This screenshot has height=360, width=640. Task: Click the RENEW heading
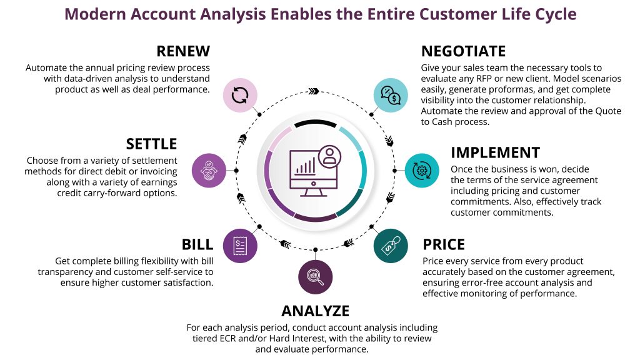click(183, 51)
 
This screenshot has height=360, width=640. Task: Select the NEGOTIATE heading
click(463, 51)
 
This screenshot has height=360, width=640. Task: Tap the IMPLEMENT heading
click(495, 153)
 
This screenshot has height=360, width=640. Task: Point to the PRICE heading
click(444, 244)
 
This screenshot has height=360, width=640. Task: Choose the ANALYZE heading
click(315, 311)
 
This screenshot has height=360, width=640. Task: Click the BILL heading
click(197, 244)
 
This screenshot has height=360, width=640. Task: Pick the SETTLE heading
click(152, 144)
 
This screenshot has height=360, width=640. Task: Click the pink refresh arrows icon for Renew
click(241, 95)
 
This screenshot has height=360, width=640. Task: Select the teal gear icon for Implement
click(422, 170)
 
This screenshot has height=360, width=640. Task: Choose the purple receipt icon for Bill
click(240, 245)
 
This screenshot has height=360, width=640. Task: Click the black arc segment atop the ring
click(316, 124)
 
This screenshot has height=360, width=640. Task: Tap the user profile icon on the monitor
click(329, 155)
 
